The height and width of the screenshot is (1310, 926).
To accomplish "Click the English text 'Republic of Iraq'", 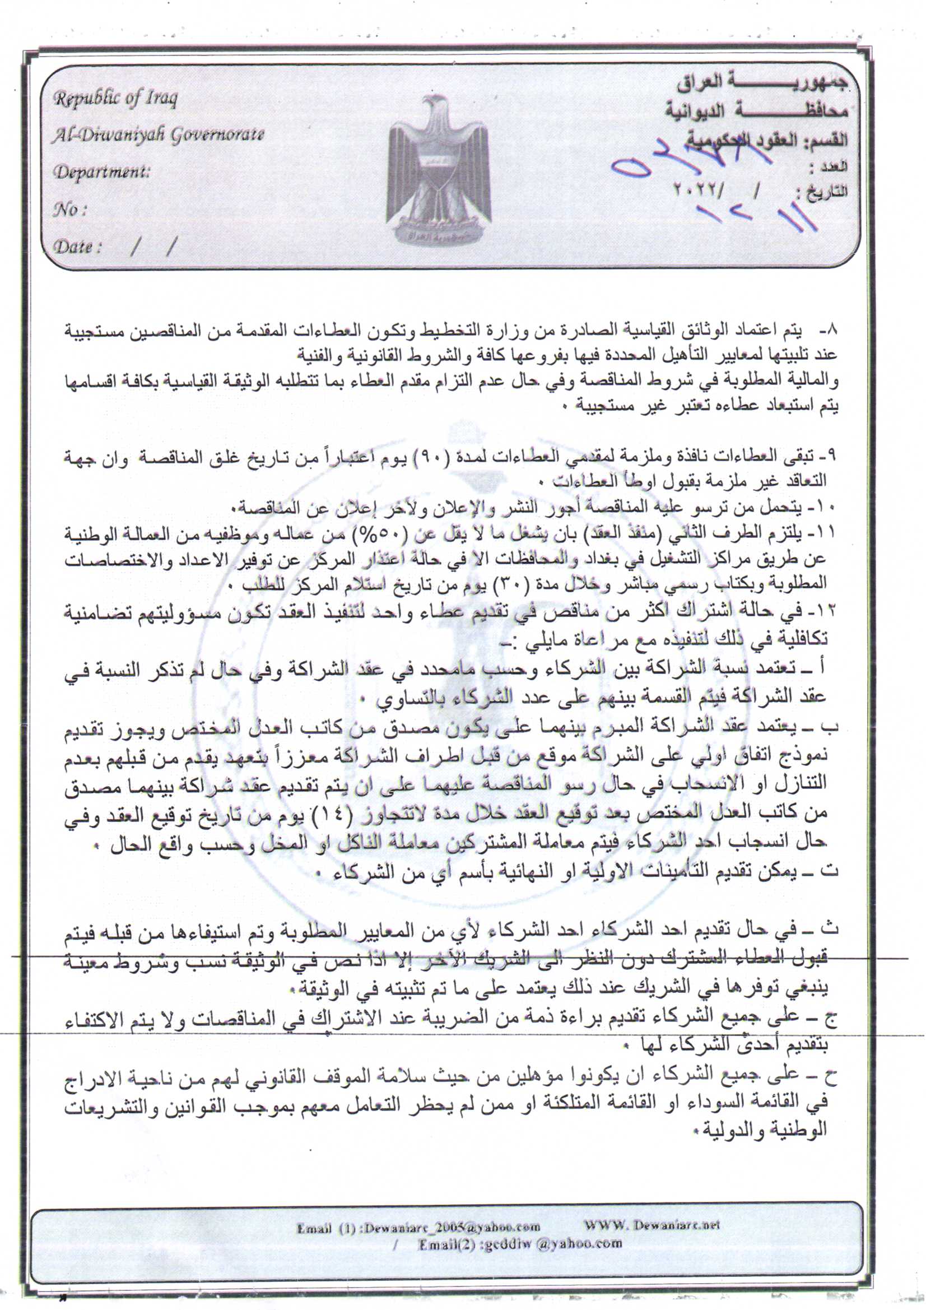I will [116, 98].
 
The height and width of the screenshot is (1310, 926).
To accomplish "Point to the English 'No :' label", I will [69, 210].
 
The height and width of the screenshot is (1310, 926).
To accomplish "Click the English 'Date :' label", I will [78, 247].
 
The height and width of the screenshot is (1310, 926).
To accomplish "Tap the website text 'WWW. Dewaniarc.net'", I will [651, 1225].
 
